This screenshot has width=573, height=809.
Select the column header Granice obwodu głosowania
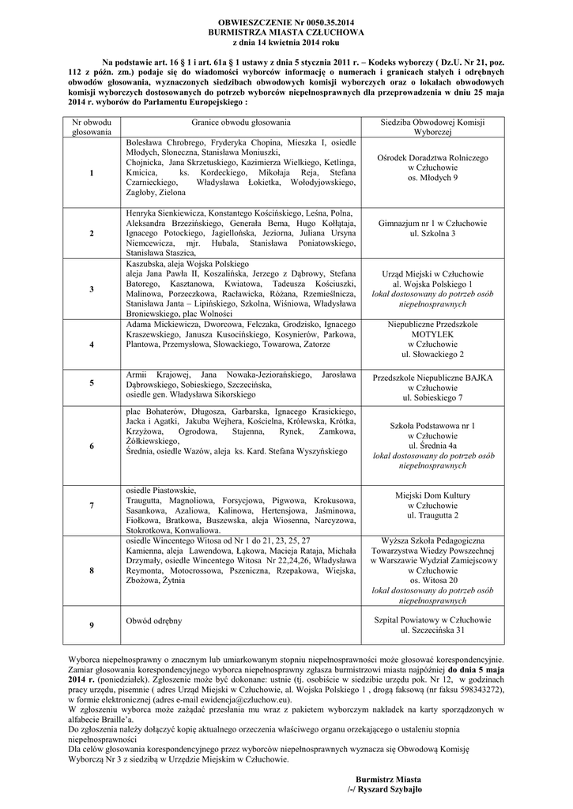[x=240, y=122]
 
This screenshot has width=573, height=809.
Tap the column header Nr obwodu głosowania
[x=92, y=128]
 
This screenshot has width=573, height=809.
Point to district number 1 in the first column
[x=92, y=173]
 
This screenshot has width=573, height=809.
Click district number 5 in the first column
[x=92, y=382]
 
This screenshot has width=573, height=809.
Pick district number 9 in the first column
[x=92, y=626]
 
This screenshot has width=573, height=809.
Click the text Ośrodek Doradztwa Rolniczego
[x=432, y=158]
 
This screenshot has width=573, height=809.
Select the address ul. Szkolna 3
[x=432, y=234]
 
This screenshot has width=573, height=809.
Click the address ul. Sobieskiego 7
[x=432, y=397]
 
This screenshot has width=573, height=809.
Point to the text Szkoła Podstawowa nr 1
[x=432, y=426]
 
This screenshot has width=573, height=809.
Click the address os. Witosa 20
[x=432, y=580]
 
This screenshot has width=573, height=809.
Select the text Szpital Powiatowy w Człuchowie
[x=432, y=620]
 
